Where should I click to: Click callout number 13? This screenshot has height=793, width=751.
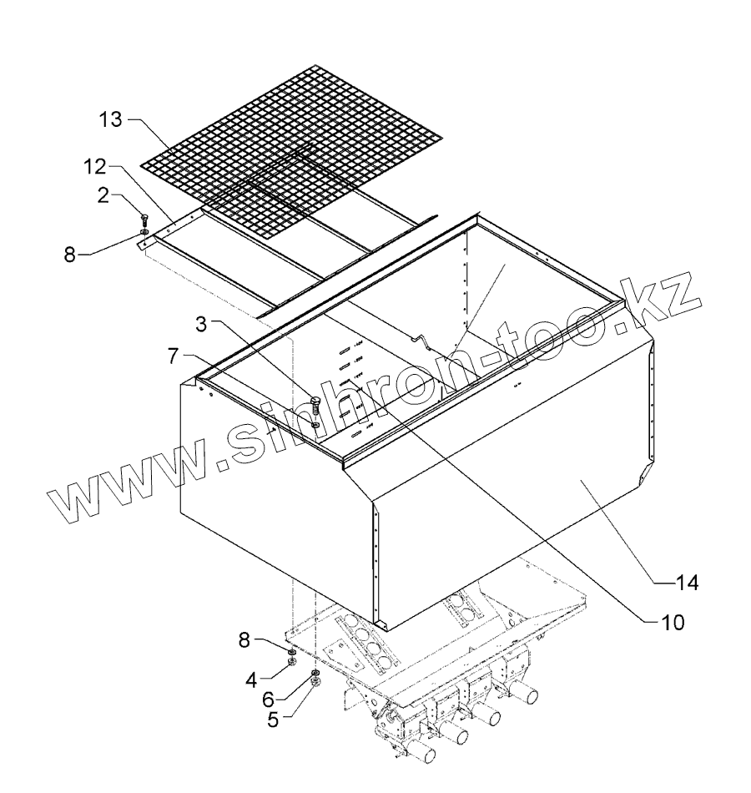point(109,120)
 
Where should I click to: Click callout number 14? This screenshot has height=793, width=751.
point(688,582)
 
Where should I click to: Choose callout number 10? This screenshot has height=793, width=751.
point(673,621)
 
